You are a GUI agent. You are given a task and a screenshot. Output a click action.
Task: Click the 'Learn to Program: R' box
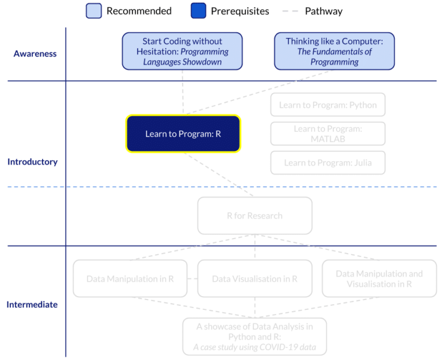pyautogui.click(x=183, y=134)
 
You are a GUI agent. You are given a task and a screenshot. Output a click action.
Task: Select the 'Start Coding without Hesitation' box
pyautogui.click(x=182, y=51)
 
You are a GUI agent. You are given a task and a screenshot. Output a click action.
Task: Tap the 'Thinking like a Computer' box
pyautogui.click(x=334, y=51)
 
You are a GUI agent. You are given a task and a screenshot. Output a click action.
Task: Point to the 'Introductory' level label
pyautogui.click(x=32, y=162)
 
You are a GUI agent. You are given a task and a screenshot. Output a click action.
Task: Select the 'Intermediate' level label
pyautogui.click(x=32, y=304)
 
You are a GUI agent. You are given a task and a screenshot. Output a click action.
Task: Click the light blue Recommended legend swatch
pyautogui.click(x=94, y=11)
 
